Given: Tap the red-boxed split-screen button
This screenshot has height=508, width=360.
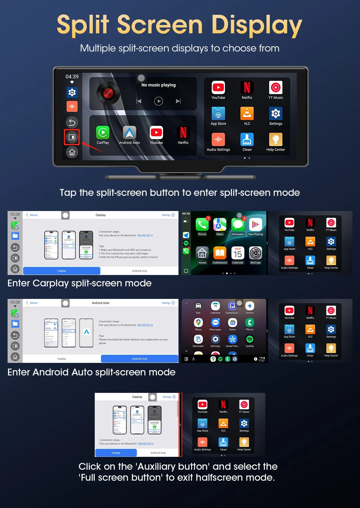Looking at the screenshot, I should coord(72,137).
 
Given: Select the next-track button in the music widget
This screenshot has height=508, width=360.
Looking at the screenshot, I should coord(178,101).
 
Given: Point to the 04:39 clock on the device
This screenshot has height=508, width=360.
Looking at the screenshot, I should coord(72,77).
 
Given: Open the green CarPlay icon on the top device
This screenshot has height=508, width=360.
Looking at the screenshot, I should coord(103,133).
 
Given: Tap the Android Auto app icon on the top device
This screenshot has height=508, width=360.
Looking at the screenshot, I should coord(130,133).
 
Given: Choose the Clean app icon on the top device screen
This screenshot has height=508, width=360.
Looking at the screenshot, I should coord(247,139).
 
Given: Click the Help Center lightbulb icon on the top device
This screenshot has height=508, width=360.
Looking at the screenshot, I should coord(275,139).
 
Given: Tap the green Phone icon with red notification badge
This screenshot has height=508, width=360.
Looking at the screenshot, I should coord(202,225).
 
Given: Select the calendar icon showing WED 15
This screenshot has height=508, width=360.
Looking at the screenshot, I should coord(238,253).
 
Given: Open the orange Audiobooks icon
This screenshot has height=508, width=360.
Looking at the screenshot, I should coord(220,253).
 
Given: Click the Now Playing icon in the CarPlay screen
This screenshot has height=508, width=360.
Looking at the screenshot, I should coord(255,225).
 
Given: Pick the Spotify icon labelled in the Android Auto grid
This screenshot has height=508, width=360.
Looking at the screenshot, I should coord(250,339).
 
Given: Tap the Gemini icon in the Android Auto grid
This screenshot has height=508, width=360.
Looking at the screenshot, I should coord(250,306).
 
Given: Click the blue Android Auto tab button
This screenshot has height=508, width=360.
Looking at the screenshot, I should coord(139,359).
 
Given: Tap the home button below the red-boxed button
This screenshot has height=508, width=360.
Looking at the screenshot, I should coord(72,152).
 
